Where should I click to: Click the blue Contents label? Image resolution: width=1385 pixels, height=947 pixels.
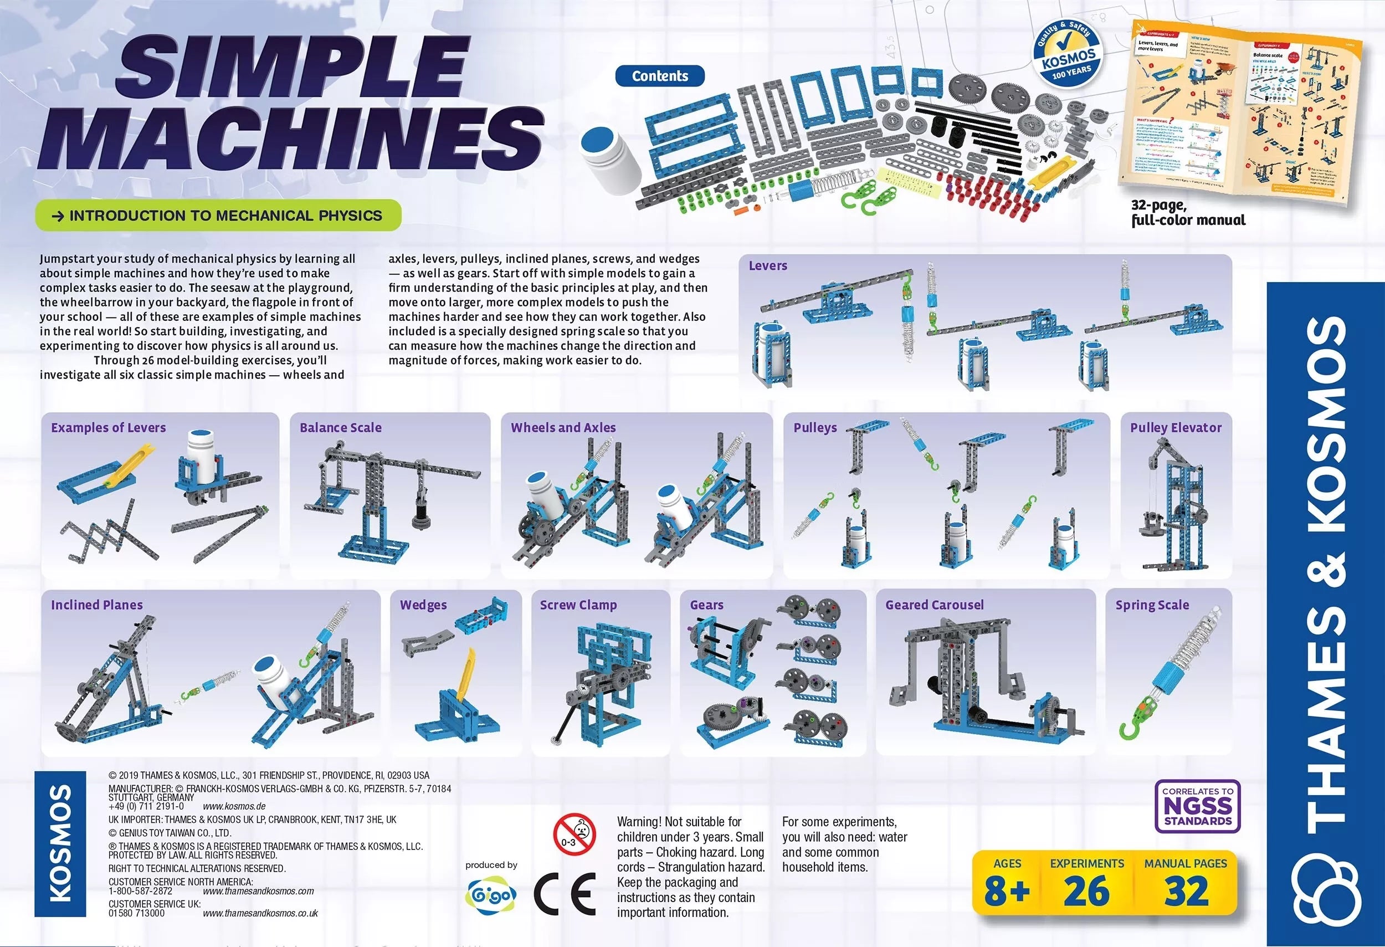coord(660,76)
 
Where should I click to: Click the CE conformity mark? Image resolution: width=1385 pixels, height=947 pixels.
coord(564,894)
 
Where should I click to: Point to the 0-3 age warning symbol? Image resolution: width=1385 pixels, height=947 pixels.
coord(574,833)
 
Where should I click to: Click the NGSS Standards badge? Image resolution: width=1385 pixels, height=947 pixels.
coord(1197,806)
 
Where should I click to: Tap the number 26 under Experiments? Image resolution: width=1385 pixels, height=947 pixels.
coord(1086,892)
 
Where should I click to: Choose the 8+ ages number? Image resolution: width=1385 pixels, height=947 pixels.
coord(1007,892)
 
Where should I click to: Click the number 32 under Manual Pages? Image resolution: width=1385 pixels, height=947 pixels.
coord(1186,892)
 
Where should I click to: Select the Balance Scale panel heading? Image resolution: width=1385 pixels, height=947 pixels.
coord(340,427)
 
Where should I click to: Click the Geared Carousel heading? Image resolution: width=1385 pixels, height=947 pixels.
coord(934,605)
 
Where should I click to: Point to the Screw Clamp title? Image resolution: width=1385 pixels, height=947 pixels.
coord(578,605)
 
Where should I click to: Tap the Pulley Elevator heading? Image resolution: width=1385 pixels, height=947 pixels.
coord(1175,427)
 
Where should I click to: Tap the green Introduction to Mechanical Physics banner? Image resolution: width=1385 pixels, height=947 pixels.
coord(218,215)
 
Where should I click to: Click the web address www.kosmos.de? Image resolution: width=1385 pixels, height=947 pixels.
coord(234,806)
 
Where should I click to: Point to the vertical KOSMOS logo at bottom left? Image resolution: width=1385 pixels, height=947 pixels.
coord(60,843)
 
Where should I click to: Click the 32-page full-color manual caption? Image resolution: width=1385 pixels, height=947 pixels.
coord(1188,213)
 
